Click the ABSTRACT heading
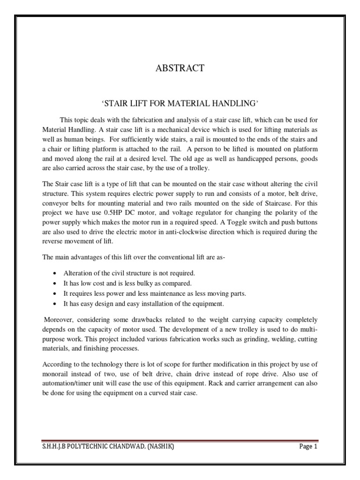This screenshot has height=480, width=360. pyautogui.click(x=180, y=68)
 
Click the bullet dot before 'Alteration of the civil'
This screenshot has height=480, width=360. pyautogui.click(x=56, y=273)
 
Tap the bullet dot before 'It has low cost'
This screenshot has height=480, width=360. pyautogui.click(x=56, y=283)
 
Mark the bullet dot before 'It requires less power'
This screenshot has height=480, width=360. pyautogui.click(x=56, y=293)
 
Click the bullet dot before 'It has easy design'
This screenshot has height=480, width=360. pyautogui.click(x=56, y=304)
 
